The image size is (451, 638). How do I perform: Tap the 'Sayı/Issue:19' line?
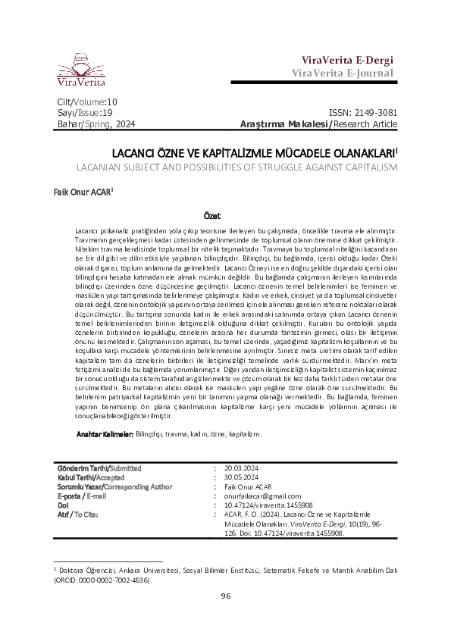click(81, 112)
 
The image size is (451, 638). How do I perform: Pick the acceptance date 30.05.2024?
click(242, 477)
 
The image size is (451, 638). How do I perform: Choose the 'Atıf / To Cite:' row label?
click(79, 513)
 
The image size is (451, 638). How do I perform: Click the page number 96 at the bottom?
click(225, 617)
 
